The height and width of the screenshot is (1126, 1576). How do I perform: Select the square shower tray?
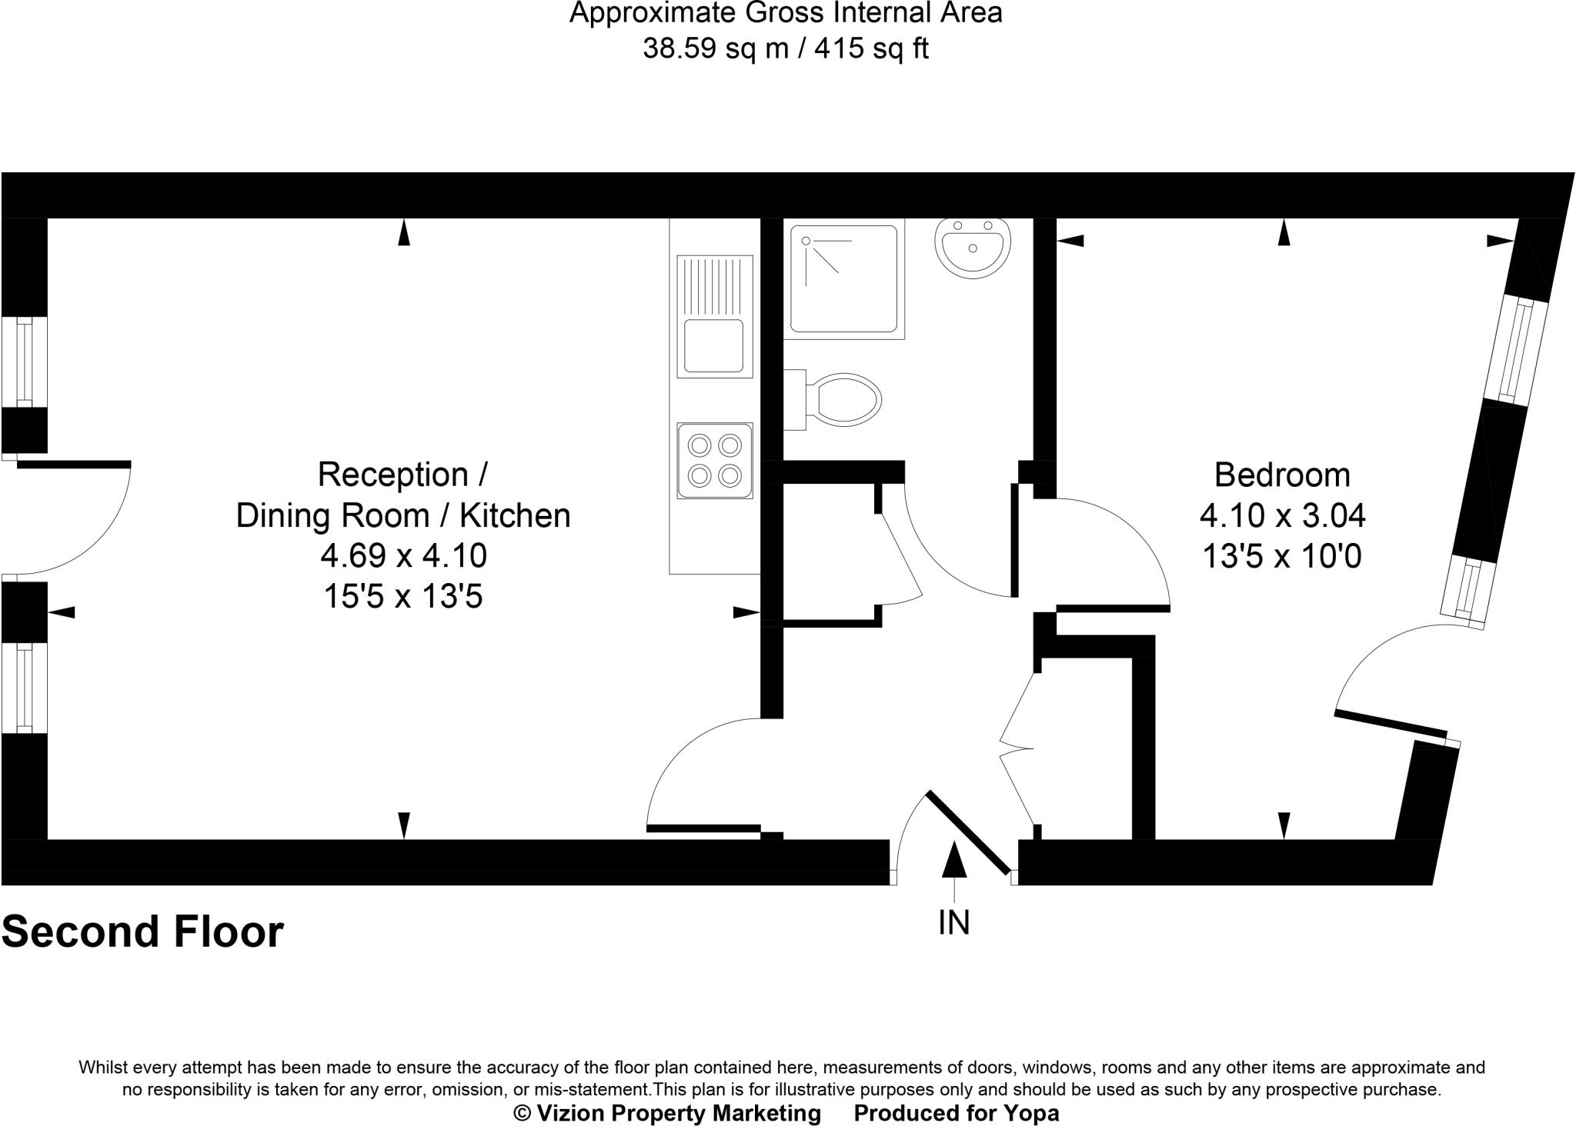point(843,278)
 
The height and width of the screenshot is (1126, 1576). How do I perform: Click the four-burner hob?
point(714,460)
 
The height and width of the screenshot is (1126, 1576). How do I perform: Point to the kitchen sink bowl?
point(714,345)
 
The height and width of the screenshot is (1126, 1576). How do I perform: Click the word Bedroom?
point(1282,475)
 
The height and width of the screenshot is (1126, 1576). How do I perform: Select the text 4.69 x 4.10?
point(403,555)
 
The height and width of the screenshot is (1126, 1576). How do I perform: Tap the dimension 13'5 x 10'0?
point(1282,556)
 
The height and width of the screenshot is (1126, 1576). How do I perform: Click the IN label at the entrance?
point(954,922)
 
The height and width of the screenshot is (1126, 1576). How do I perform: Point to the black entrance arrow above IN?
point(954,860)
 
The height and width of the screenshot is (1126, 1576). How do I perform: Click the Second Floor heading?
point(143,931)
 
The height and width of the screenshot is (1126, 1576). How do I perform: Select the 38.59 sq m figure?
point(716,48)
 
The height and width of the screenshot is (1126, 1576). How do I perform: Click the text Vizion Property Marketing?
point(678,1113)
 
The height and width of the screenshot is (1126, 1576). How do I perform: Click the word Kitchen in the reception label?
point(515,515)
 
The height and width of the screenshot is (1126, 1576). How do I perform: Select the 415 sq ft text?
point(871,48)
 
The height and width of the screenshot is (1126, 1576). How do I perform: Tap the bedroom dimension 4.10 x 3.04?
point(1282,515)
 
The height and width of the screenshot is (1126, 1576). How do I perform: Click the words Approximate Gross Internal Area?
point(786,13)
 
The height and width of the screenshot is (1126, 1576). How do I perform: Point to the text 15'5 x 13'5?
point(403,596)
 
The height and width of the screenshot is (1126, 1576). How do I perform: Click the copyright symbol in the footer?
point(523,1113)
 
